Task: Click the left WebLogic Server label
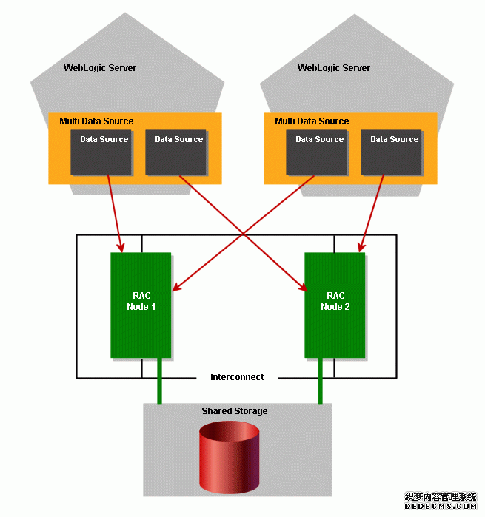100,68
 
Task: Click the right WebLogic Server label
334,68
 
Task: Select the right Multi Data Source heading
312,121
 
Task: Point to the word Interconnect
237,377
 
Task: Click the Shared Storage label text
235,411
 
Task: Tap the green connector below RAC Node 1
158,382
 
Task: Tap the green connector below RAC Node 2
321,382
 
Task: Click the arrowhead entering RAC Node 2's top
361,247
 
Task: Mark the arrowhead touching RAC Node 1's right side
175,288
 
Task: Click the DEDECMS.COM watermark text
440,508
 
